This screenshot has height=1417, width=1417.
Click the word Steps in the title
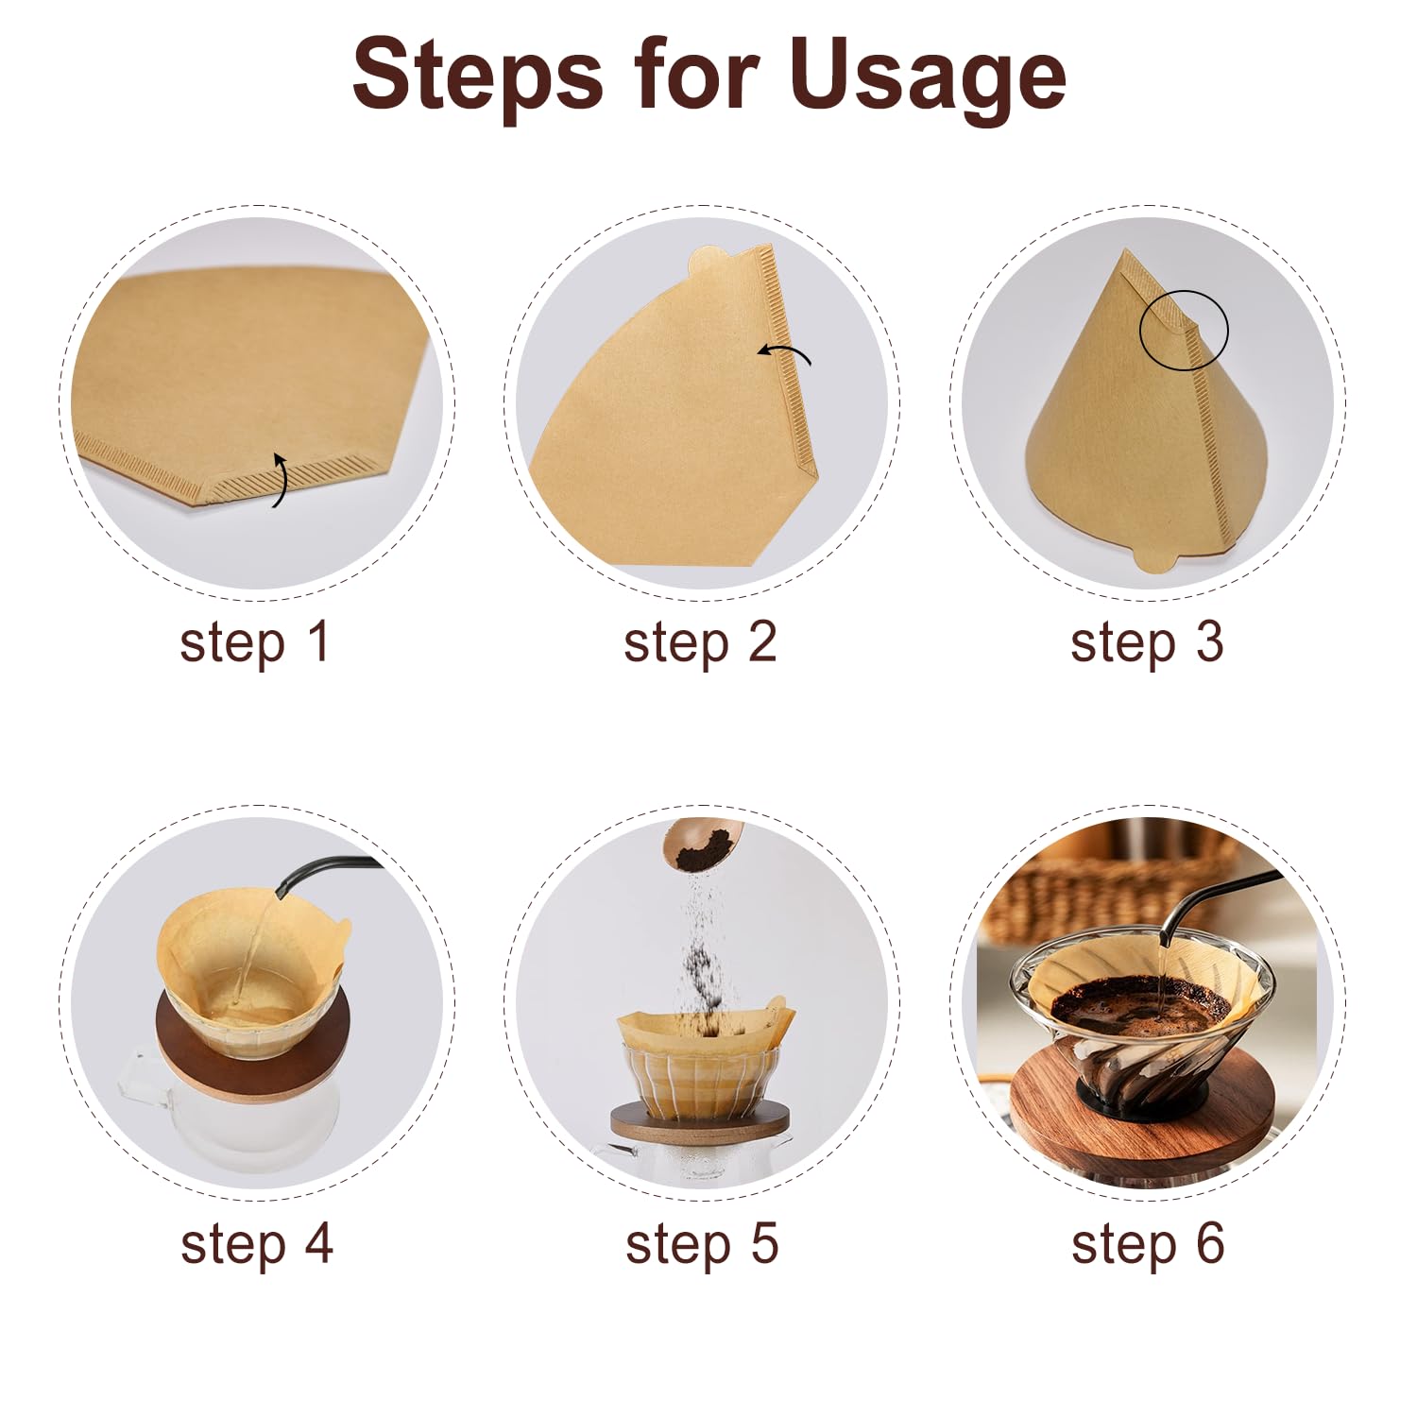click(477, 73)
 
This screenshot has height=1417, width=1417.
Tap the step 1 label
click(254, 642)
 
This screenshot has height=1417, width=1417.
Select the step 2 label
click(700, 642)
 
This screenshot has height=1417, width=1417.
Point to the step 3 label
click(1147, 642)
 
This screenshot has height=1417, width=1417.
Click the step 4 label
click(257, 1243)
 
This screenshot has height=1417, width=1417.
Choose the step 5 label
click(702, 1243)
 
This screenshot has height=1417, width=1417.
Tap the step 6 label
click(1148, 1243)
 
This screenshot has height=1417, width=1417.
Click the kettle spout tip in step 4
click(281, 892)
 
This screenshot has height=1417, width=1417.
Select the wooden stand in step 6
click(1142, 1101)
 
